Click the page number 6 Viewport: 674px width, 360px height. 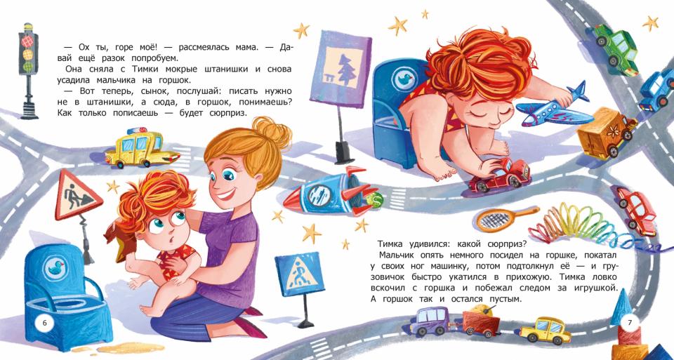(45, 322)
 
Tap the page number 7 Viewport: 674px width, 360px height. (630, 322)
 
